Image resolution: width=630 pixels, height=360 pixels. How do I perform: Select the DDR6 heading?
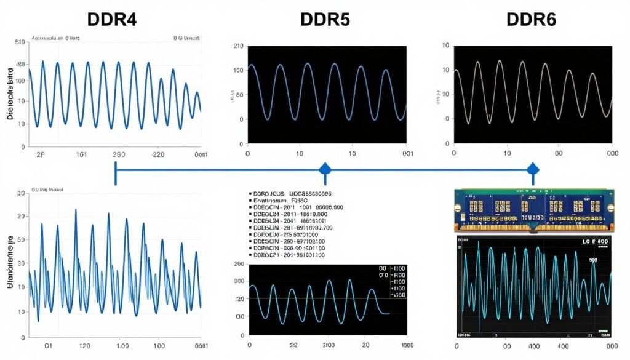coord(531,18)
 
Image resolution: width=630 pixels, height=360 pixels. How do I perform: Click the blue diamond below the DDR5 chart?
coord(324,169)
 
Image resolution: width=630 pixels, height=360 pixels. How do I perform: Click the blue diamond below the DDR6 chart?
coord(533,169)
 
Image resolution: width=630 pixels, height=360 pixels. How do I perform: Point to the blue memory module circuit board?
coord(533,210)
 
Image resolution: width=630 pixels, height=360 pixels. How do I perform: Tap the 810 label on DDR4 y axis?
coord(19,42)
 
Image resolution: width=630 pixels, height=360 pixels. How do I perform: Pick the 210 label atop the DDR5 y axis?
coord(239,47)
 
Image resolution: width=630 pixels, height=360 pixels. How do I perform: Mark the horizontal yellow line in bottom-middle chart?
coord(320,298)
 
